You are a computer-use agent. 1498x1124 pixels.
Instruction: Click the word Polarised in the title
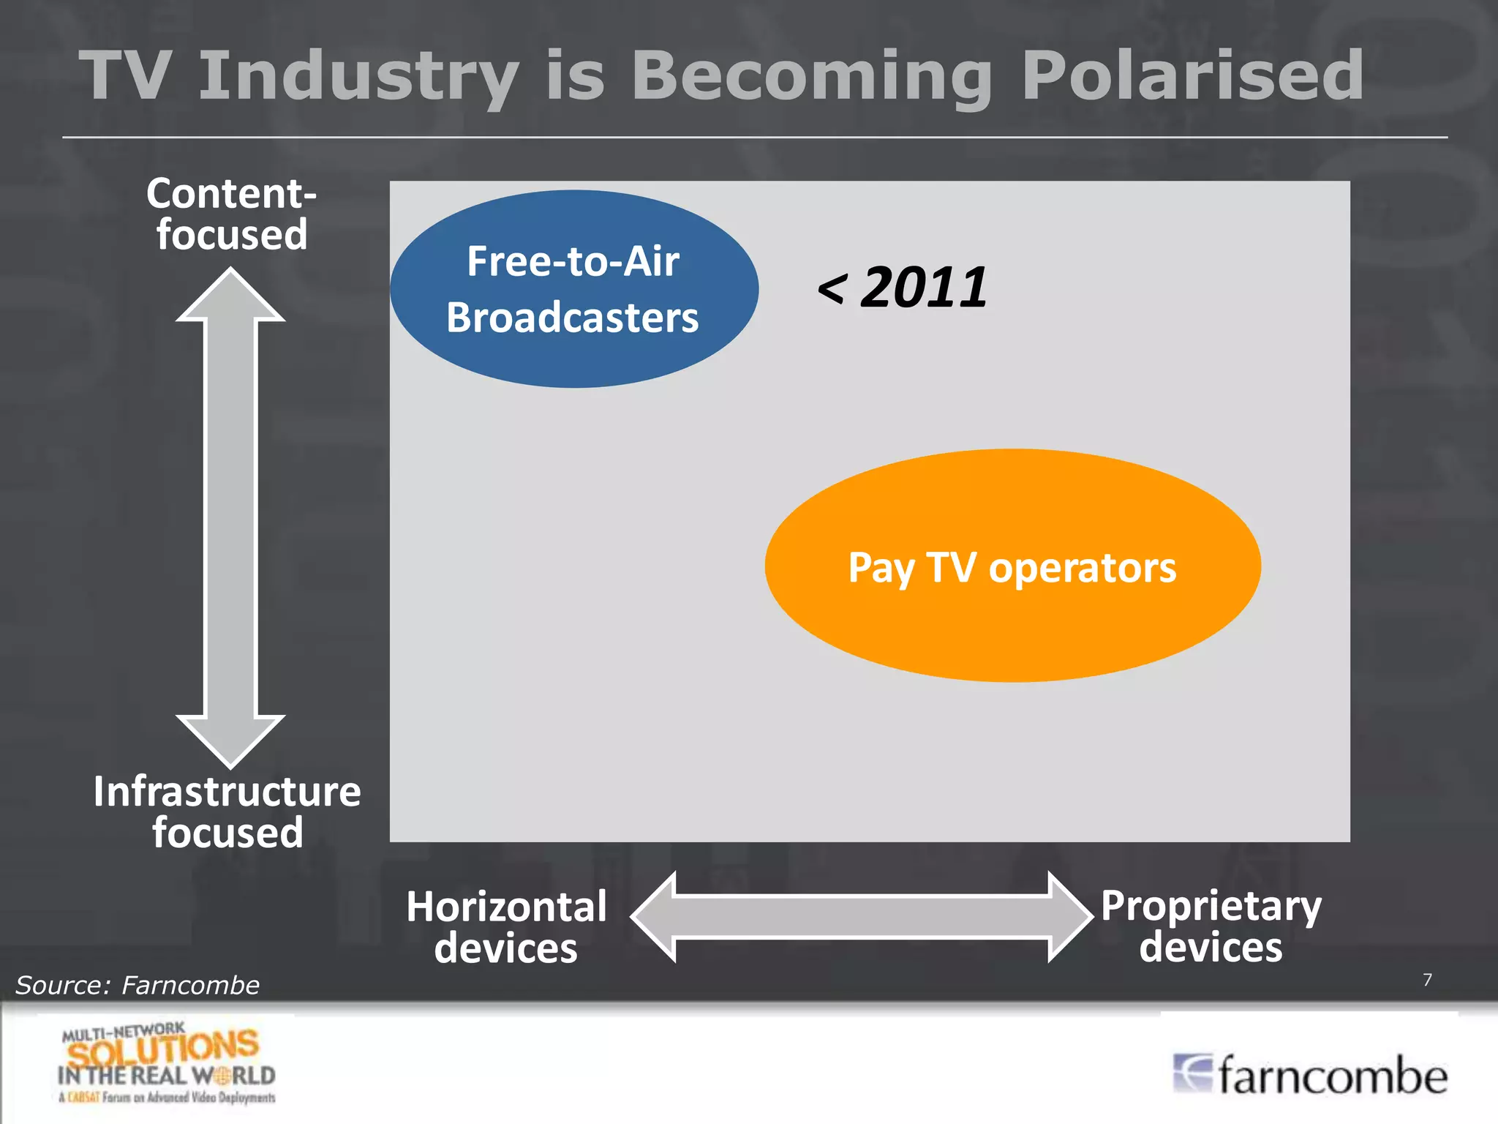coord(1192,76)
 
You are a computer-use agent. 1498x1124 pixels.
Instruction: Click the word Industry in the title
coord(358,76)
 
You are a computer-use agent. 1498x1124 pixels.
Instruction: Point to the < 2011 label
coord(903,288)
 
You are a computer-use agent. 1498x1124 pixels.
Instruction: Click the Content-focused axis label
coord(231,214)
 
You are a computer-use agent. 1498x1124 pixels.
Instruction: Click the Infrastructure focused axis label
coord(227,812)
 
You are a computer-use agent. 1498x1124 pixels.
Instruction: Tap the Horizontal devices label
coord(506,926)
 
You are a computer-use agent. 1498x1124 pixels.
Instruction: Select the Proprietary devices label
coord(1211,926)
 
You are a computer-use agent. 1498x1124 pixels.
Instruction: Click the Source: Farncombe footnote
coord(138,985)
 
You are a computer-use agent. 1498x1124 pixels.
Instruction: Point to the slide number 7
coord(1427,980)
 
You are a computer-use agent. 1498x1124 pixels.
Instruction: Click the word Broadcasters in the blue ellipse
coord(573,318)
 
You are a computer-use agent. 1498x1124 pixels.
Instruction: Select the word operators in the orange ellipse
coord(1083,568)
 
